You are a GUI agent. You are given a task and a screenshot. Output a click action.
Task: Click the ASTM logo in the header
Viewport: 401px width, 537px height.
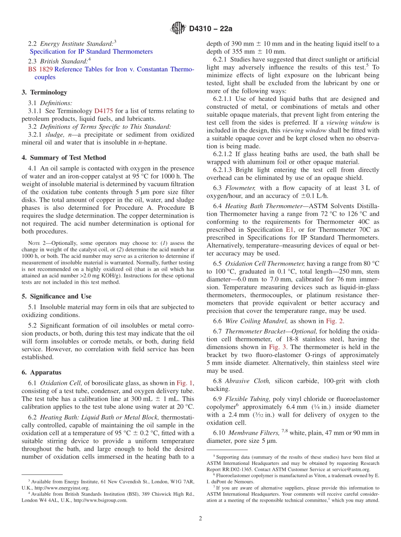tap(178, 28)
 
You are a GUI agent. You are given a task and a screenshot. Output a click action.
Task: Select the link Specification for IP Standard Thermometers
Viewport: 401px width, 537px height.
tap(91, 52)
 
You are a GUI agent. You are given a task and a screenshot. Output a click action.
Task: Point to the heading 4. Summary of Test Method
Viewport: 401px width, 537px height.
tap(64, 157)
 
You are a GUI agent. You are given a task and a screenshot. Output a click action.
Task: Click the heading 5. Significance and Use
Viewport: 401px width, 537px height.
tap(57, 296)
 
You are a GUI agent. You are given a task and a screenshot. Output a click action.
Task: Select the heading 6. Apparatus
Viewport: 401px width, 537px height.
tap(41, 372)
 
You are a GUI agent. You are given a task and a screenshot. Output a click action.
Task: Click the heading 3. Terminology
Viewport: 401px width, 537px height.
tap(44, 92)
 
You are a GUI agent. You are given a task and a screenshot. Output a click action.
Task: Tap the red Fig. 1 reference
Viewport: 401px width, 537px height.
tap(184, 383)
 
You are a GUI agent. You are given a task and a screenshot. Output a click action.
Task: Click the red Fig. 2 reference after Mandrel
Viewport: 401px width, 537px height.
tap(334, 321)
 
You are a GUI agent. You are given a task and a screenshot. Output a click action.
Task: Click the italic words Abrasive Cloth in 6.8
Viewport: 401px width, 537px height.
tap(248, 381)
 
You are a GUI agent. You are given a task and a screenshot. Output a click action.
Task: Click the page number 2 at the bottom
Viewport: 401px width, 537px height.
tap(200, 518)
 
